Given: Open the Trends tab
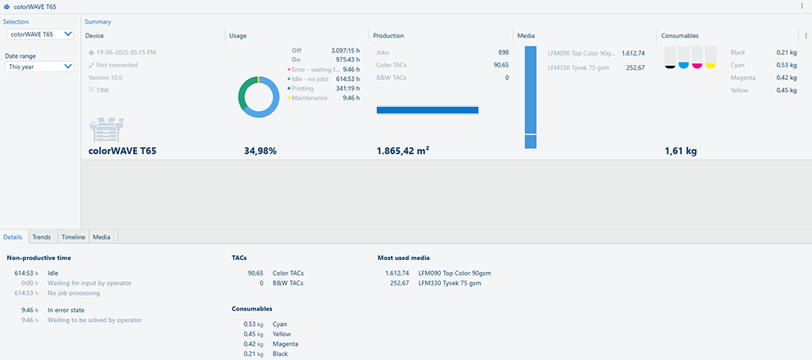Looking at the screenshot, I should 41,237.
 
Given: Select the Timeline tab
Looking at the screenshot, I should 73,237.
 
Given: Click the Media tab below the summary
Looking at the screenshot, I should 101,237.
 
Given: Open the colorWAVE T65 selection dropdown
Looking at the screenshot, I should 40,34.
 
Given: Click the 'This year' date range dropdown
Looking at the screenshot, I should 40,67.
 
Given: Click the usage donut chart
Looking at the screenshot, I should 259,98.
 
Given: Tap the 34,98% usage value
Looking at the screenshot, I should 260,150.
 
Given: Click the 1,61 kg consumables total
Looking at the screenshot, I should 680,150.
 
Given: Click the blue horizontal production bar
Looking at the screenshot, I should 427,110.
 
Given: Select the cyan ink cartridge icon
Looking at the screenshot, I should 684,57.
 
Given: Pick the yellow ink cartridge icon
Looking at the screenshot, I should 710,57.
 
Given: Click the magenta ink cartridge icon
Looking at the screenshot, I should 697,57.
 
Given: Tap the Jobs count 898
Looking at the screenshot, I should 503,52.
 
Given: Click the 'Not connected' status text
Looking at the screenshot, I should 117,65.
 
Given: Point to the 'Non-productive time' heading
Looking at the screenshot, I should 39,258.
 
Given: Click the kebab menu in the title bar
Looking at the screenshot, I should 802,6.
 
